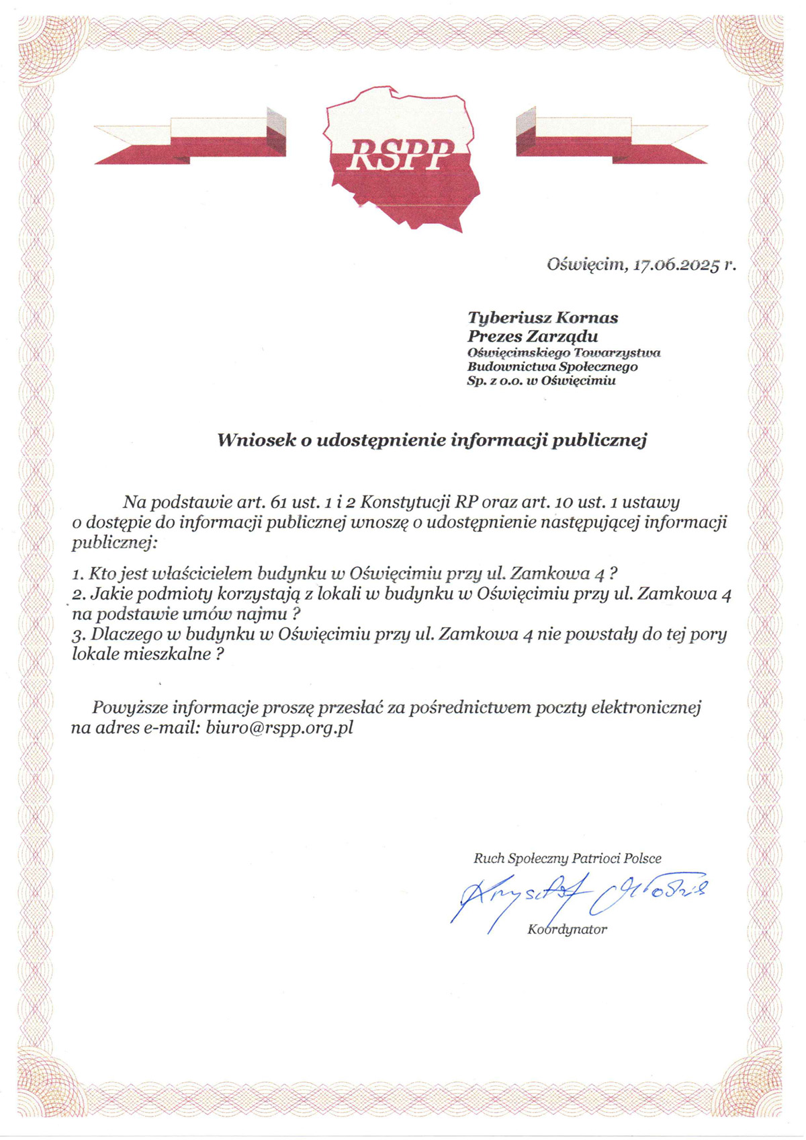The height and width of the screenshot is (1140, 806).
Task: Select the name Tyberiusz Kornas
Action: (x=543, y=317)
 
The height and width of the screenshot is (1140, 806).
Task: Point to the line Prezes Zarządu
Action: (x=533, y=336)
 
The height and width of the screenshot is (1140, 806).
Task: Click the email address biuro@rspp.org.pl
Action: (x=279, y=727)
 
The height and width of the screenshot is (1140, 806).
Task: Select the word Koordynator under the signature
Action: (x=568, y=930)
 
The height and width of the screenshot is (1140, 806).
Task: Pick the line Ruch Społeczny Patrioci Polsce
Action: (x=568, y=858)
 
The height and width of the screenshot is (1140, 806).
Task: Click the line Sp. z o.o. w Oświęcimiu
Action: (x=541, y=381)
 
